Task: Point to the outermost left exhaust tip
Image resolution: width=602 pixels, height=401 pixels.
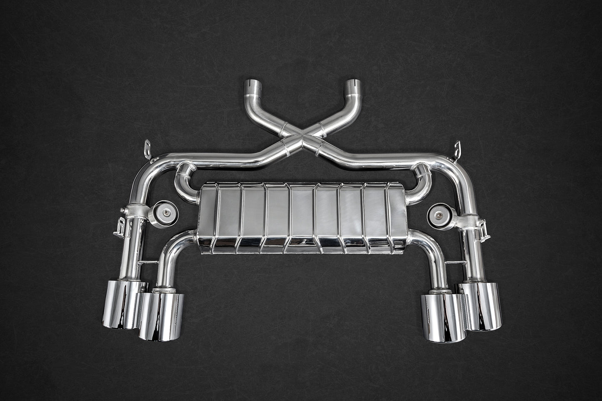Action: [120, 304]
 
